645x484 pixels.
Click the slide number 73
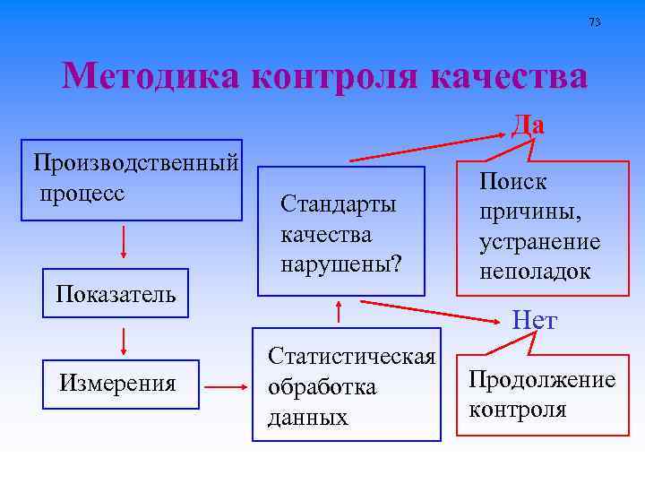click(595, 22)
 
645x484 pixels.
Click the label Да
click(528, 125)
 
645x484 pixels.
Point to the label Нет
click(534, 320)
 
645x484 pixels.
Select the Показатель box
click(116, 293)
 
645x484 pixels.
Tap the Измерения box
click(117, 384)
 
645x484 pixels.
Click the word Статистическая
click(351, 356)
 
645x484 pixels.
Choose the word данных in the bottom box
click(307, 417)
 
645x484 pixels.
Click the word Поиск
click(512, 182)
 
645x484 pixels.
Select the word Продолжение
click(541, 379)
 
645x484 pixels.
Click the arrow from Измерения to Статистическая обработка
click(226, 387)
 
